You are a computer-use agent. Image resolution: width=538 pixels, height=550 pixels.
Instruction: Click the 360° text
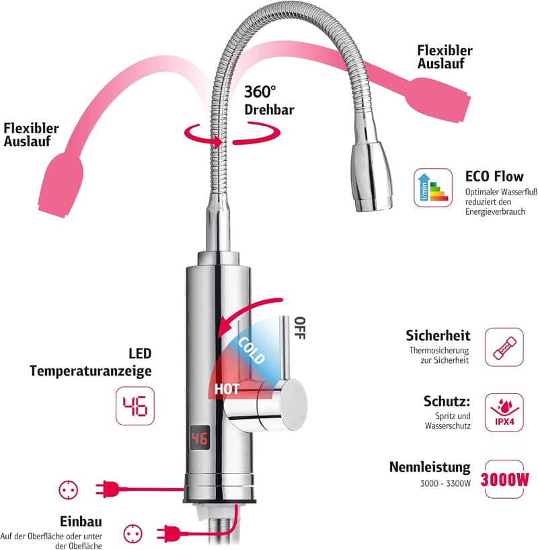pyautogui.click(x=260, y=92)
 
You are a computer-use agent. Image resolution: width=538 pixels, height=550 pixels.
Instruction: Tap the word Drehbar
pyautogui.click(x=269, y=110)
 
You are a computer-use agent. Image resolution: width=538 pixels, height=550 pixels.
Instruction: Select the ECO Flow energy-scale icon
pyautogui.click(x=433, y=188)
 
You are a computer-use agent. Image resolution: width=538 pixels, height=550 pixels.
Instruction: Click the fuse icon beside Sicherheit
pyautogui.click(x=504, y=347)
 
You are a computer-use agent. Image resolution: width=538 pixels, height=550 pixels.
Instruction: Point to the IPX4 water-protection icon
pyautogui.click(x=504, y=412)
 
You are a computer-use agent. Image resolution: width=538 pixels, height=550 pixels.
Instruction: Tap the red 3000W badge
pyautogui.click(x=504, y=479)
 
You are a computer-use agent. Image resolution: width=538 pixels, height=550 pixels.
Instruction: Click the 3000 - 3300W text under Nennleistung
pyautogui.click(x=445, y=483)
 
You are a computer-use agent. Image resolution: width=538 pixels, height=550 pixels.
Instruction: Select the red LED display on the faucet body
pyautogui.click(x=200, y=438)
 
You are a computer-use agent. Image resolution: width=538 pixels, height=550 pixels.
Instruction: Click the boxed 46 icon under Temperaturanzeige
pyautogui.click(x=135, y=406)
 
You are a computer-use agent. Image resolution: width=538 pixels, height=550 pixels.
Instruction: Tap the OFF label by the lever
pyautogui.click(x=300, y=328)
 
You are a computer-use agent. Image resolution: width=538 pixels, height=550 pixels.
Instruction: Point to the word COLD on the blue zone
pyautogui.click(x=252, y=351)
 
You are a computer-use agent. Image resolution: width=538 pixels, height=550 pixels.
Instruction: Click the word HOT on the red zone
pyautogui.click(x=227, y=388)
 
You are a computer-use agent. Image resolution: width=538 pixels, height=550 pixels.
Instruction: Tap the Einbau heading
pyautogui.click(x=81, y=521)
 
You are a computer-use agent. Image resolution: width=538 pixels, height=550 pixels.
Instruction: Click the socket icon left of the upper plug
pyautogui.click(x=69, y=489)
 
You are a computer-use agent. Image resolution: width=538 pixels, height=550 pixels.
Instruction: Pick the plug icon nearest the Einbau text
pyautogui.click(x=168, y=534)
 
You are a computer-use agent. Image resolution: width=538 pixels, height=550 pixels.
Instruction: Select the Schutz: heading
pyautogui.click(x=447, y=401)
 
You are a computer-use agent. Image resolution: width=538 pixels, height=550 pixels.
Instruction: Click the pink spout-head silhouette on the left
pyautogui.click(x=61, y=185)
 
